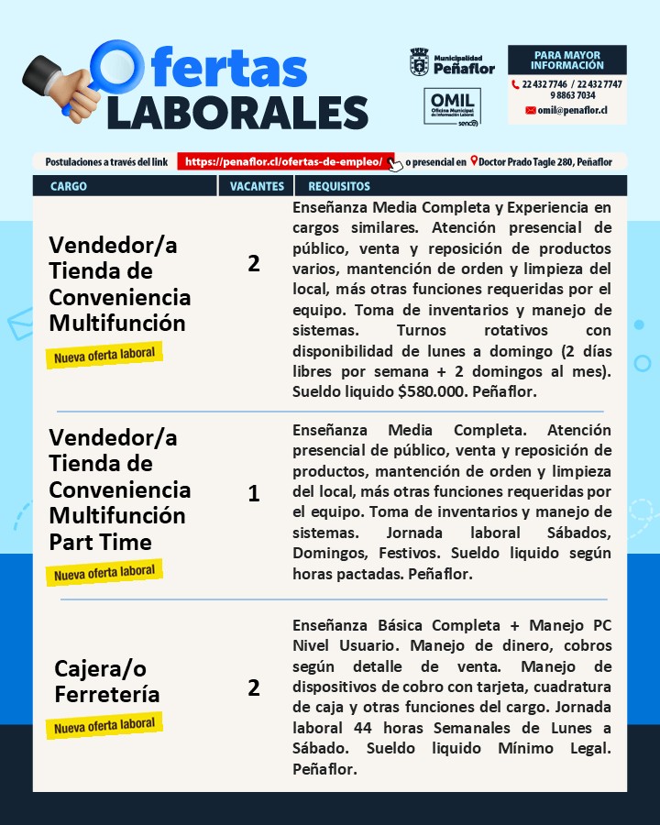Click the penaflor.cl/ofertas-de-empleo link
[284, 161]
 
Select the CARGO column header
[69, 186]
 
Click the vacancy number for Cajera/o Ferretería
[254, 687]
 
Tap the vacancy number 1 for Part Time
[254, 494]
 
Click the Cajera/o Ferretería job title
[107, 681]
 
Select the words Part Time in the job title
[100, 542]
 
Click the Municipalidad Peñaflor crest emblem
[419, 62]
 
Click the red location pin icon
[474, 161]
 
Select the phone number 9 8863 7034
[573, 95]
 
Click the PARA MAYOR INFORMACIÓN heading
[566, 60]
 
